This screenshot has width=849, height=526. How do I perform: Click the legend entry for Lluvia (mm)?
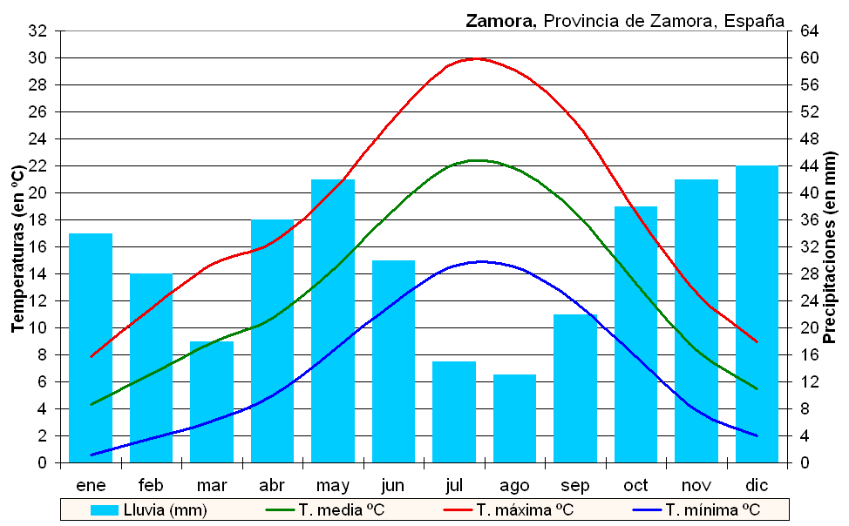(x=149, y=509)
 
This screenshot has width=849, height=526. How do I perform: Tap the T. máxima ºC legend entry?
(x=524, y=509)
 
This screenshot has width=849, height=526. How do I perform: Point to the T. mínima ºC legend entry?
(x=711, y=509)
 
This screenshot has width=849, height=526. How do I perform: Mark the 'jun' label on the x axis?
(x=393, y=485)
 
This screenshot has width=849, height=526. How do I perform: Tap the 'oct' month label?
(x=635, y=485)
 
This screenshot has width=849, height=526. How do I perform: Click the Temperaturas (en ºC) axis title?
(x=17, y=247)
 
